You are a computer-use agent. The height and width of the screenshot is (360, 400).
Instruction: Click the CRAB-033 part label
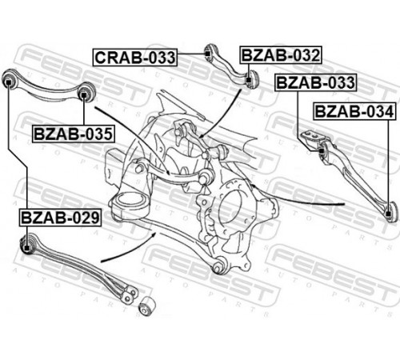(x=135, y=58)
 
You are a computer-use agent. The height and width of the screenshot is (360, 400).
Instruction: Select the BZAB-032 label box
(x=281, y=55)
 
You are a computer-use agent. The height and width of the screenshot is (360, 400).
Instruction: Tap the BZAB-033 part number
(x=316, y=82)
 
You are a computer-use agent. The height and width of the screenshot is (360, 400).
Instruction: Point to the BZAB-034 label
(x=354, y=111)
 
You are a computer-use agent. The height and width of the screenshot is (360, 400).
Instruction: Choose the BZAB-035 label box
(x=74, y=134)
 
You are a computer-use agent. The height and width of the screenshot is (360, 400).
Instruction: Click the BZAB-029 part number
(x=60, y=218)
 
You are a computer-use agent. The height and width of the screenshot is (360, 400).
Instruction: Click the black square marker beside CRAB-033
(x=208, y=54)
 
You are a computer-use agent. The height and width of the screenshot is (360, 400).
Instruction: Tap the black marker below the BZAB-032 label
(x=249, y=79)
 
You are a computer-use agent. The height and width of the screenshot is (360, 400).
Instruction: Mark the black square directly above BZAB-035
(x=84, y=94)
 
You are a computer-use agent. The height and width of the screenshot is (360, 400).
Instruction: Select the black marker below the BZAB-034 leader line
(x=389, y=214)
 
